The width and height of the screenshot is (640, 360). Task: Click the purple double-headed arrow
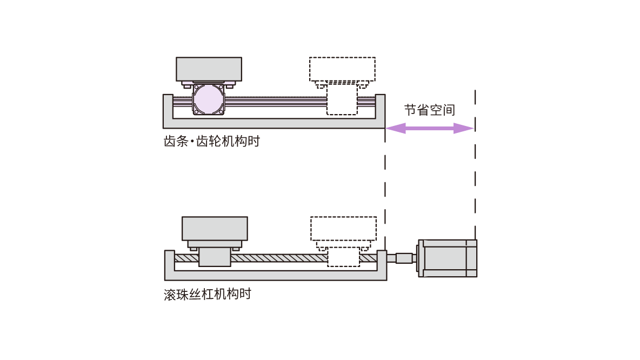430,128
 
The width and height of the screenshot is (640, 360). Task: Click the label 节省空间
430,110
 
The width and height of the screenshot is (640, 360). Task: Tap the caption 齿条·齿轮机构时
211,142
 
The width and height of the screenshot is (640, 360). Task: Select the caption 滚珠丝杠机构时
208,295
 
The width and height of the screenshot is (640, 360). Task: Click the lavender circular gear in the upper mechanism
208,99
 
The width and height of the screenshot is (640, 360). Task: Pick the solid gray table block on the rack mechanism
209,69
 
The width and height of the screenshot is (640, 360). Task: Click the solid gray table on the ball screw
215,228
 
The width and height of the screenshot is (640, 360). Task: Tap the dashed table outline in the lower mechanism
343,228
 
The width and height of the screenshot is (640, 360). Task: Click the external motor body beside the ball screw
449,258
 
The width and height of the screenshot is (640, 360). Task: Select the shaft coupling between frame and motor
404,258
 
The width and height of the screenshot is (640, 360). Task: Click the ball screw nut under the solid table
215,257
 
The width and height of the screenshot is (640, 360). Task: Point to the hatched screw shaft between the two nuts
278,258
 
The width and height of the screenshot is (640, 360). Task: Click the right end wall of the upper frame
380,106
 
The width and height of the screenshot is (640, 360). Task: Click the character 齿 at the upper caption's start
169,142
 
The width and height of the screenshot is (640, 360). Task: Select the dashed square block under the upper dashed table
342,102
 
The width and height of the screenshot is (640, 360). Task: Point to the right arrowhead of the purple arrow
465,128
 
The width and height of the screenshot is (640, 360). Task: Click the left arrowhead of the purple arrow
395,128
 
